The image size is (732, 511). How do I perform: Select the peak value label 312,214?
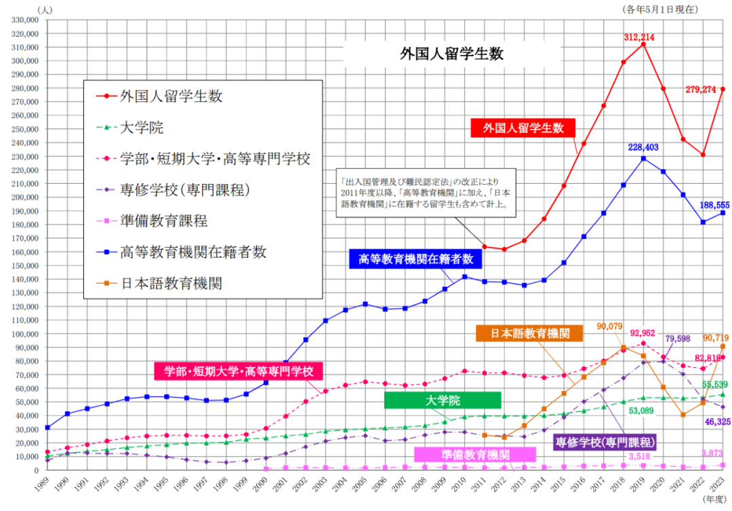click(x=639, y=37)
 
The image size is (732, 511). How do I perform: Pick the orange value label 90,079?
click(x=610, y=326)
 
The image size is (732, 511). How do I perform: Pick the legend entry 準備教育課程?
click(x=163, y=221)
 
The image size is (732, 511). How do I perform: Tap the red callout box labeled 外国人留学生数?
click(x=523, y=127)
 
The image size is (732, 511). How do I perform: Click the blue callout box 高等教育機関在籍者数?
click(x=415, y=259)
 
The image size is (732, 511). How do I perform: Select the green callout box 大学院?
click(x=442, y=400)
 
